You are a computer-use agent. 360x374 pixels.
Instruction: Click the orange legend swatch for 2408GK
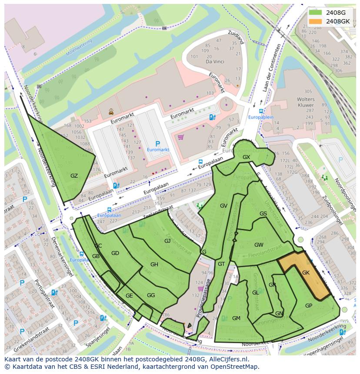(x=316, y=21)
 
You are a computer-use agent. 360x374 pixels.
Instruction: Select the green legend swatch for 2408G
(x=316, y=13)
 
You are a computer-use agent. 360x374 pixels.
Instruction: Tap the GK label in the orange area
(x=306, y=272)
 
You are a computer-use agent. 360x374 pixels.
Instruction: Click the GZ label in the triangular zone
(x=74, y=175)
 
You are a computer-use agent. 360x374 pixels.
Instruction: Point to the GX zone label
(x=246, y=157)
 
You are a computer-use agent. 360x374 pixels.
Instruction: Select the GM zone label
(x=236, y=318)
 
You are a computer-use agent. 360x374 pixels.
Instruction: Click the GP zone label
(x=309, y=305)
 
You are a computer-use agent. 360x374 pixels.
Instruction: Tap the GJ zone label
(x=167, y=241)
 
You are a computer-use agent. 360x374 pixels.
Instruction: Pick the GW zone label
(x=259, y=245)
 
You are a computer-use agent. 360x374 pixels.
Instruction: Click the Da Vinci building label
(x=214, y=62)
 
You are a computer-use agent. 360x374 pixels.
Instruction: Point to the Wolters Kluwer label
(x=305, y=102)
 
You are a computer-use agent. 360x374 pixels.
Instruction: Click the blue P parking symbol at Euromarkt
(x=157, y=143)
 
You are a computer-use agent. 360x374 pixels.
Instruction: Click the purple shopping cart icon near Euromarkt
(x=180, y=137)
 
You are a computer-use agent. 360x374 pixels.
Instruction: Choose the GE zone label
(x=129, y=295)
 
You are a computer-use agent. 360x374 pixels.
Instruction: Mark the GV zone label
(x=223, y=205)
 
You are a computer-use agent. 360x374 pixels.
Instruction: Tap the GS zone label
(x=263, y=213)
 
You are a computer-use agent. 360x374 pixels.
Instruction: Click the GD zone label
(x=115, y=253)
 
